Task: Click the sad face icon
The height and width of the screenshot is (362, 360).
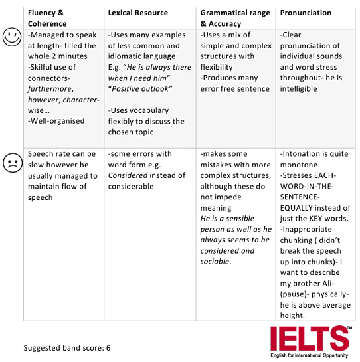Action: click(x=11, y=161)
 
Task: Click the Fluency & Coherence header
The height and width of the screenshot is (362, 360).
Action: click(x=46, y=17)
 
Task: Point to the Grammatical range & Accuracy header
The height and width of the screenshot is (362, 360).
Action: click(x=235, y=17)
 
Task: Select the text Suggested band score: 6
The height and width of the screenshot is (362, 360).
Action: click(x=66, y=348)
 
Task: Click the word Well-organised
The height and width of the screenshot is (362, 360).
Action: click(x=56, y=122)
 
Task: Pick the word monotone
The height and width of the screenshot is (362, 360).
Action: click(x=300, y=165)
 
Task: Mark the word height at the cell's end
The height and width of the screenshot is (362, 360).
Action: click(x=294, y=315)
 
